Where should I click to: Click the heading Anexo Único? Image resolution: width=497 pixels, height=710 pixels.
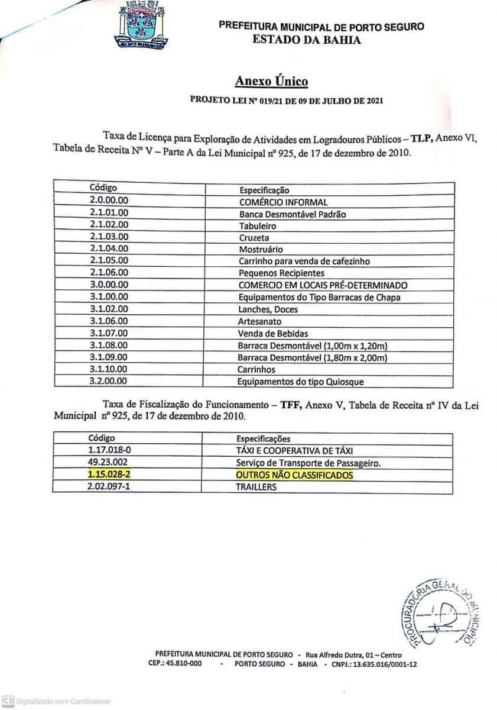tap(271, 80)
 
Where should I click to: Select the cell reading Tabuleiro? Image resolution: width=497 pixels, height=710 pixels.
tap(257, 225)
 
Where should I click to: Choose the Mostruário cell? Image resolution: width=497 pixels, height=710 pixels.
tap(261, 249)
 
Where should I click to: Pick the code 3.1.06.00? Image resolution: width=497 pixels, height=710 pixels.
tap(109, 321)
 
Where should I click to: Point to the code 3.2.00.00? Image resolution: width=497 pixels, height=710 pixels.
tap(109, 382)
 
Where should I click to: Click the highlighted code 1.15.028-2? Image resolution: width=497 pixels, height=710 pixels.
tap(109, 475)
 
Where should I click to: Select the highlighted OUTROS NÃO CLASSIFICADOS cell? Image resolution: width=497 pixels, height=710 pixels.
tap(294, 475)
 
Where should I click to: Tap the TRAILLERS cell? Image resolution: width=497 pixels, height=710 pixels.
tap(256, 487)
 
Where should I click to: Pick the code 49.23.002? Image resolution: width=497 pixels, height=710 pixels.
tap(109, 463)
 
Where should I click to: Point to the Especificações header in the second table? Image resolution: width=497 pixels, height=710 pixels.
tap(264, 438)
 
